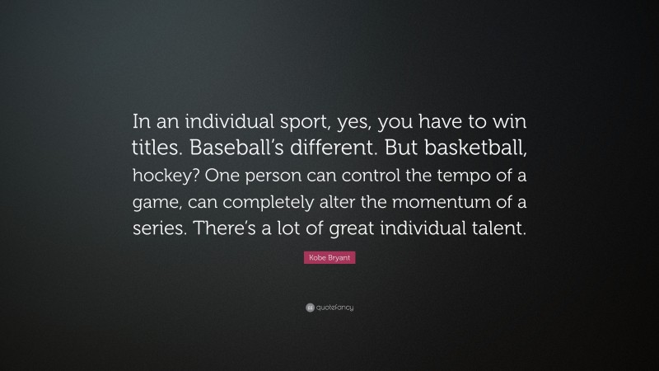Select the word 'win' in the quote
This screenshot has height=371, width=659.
pos(510,123)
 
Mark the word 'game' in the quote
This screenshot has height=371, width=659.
pos(156,204)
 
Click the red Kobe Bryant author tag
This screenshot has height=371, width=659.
pos(329,259)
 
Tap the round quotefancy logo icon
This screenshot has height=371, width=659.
pos(300,308)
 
